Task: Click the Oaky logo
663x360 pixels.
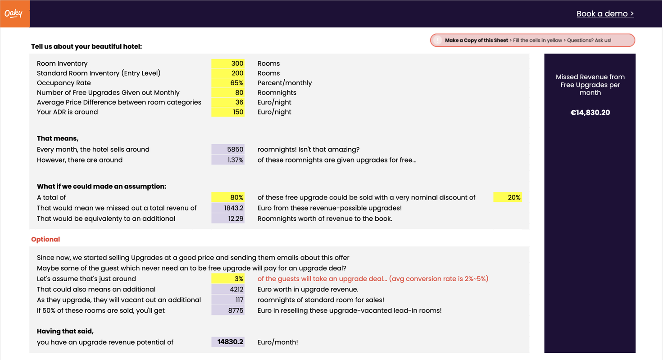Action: [x=14, y=14]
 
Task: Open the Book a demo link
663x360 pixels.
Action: [x=605, y=14]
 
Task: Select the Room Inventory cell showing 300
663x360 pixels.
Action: [x=228, y=64]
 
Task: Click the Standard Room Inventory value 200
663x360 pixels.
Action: [x=228, y=73]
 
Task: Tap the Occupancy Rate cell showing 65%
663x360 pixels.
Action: [x=228, y=83]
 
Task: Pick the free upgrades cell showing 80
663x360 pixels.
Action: [x=228, y=92]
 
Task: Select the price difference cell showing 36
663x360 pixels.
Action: [x=228, y=102]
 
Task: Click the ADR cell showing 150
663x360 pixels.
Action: [x=228, y=112]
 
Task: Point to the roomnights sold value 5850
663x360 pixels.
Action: [x=228, y=149]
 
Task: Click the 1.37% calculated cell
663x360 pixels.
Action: [x=228, y=160]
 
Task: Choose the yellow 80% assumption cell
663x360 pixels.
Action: [x=228, y=197]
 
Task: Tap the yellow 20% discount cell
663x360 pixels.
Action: [x=508, y=197]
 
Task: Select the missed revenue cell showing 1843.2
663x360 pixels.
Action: [x=228, y=208]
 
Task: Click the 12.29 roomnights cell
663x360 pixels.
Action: [x=228, y=219]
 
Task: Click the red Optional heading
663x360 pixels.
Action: [x=45, y=239]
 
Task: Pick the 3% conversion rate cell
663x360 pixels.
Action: [x=228, y=279]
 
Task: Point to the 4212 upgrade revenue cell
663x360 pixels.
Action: [x=228, y=289]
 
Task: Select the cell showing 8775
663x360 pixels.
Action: [x=228, y=310]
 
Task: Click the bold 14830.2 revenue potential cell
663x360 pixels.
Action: [x=228, y=342]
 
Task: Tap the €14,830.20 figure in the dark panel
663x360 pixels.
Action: [x=590, y=113]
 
